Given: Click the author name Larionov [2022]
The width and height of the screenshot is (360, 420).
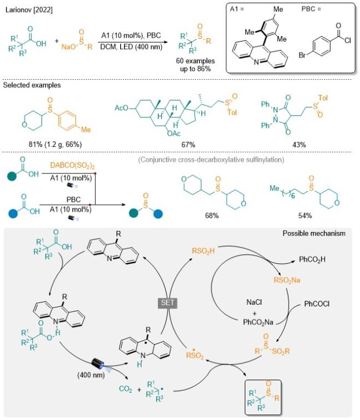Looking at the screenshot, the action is [x=29, y=10].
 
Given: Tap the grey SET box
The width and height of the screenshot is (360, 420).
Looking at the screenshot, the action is [x=168, y=303].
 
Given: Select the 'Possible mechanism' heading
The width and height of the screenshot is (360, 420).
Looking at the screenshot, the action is [x=314, y=233].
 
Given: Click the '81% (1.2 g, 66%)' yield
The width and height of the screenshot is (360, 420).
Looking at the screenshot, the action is [x=55, y=145].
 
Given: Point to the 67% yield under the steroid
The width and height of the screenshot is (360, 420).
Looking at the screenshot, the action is [x=188, y=145].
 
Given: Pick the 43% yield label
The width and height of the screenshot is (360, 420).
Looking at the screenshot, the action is [x=299, y=145].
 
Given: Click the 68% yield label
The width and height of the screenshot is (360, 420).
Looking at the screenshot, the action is [x=212, y=216].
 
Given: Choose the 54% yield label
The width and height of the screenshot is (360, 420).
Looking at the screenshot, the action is [x=305, y=216].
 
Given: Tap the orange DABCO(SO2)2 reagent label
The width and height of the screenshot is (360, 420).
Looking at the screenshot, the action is [x=73, y=166].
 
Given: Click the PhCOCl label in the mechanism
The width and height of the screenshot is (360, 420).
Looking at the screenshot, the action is [x=317, y=304].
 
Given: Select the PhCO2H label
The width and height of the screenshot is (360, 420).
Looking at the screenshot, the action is [x=312, y=259].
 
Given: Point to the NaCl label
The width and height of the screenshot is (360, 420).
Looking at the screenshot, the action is [x=254, y=303].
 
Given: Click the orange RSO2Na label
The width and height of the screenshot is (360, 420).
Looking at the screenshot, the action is [x=287, y=280].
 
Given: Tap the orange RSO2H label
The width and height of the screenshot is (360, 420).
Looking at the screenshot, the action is [x=203, y=251].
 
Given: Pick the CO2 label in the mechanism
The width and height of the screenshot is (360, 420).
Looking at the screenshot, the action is [x=126, y=389].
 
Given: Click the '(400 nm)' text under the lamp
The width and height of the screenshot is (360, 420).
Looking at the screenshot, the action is [x=91, y=375].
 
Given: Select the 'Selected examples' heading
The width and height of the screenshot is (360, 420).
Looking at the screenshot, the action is [x=32, y=85].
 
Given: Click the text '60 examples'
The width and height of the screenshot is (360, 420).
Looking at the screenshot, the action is [x=196, y=61].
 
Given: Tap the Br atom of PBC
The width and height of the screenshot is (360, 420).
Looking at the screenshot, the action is [x=302, y=55].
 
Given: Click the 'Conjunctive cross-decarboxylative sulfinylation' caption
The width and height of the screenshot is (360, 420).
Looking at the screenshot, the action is [x=211, y=160].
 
